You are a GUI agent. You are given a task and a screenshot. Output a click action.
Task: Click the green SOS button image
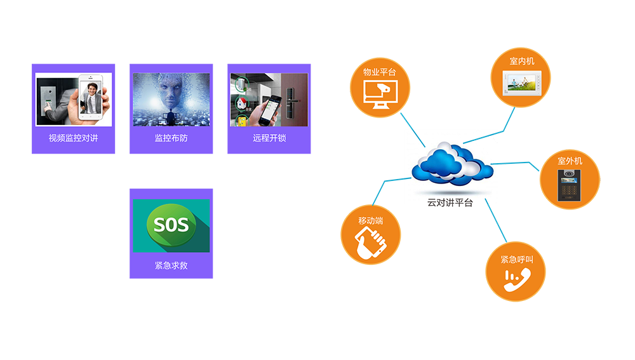tap(171, 225)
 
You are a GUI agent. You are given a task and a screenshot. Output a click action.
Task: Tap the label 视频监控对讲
tap(74, 138)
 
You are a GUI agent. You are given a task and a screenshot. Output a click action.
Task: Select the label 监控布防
tap(171, 138)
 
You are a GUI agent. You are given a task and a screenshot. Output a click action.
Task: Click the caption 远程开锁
tap(269, 138)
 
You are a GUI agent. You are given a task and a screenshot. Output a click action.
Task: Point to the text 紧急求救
tap(171, 265)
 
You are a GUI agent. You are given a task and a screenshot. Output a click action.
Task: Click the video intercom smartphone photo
tap(74, 100)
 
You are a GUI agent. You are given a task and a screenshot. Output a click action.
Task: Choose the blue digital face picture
tap(171, 100)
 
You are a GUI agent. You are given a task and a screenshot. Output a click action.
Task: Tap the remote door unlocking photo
tap(269, 100)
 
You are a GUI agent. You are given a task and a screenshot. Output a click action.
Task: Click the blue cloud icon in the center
tap(449, 164)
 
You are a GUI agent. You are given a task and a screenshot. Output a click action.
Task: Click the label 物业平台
tap(379, 72)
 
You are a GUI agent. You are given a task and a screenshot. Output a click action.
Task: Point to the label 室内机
tap(522, 62)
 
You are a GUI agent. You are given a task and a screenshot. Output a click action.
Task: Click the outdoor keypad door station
tap(570, 184)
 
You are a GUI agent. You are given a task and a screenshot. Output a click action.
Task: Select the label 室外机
tap(570, 161)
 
